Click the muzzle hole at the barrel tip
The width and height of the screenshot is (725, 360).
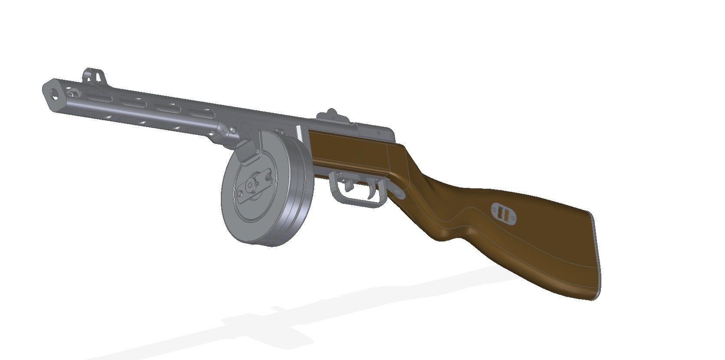pos(54,92)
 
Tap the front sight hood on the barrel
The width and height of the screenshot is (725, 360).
pos(95,75)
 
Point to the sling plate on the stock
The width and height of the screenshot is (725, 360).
pos(503,214)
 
